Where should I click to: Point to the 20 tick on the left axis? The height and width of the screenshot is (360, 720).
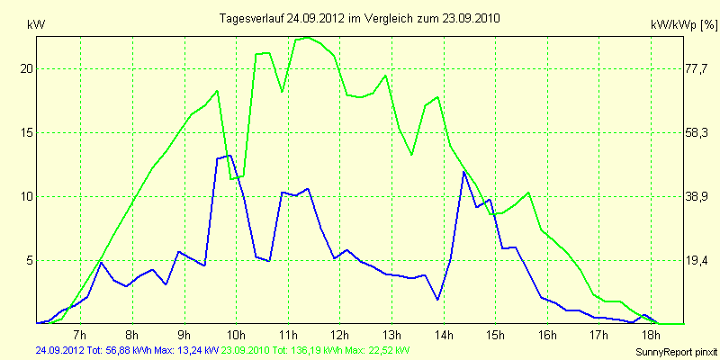pos(27,68)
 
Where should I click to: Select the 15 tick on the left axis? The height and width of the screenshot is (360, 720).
pos(27,132)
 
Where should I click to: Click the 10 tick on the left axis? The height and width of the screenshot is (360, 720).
pos(27,196)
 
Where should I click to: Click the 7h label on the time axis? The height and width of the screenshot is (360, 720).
pos(80,335)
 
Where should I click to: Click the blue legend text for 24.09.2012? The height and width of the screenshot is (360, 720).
pos(127,350)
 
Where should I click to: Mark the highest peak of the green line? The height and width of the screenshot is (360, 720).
pos(308,37)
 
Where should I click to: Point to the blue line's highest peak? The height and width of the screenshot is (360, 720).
pos(230,156)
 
